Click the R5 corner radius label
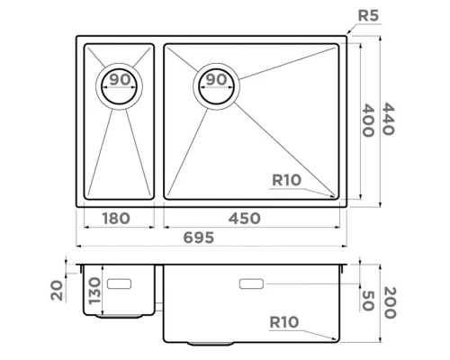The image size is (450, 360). pos(368,15)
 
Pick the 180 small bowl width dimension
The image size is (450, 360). pos(115,218)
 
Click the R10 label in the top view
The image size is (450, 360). pos(286,180)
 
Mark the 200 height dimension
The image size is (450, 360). pos(389,303)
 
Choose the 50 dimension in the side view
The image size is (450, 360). pos(367,301)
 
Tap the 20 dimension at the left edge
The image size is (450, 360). pos(57,289)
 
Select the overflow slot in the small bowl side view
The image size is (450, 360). pos(119,283)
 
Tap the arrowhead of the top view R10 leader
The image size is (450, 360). pos(338,197)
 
